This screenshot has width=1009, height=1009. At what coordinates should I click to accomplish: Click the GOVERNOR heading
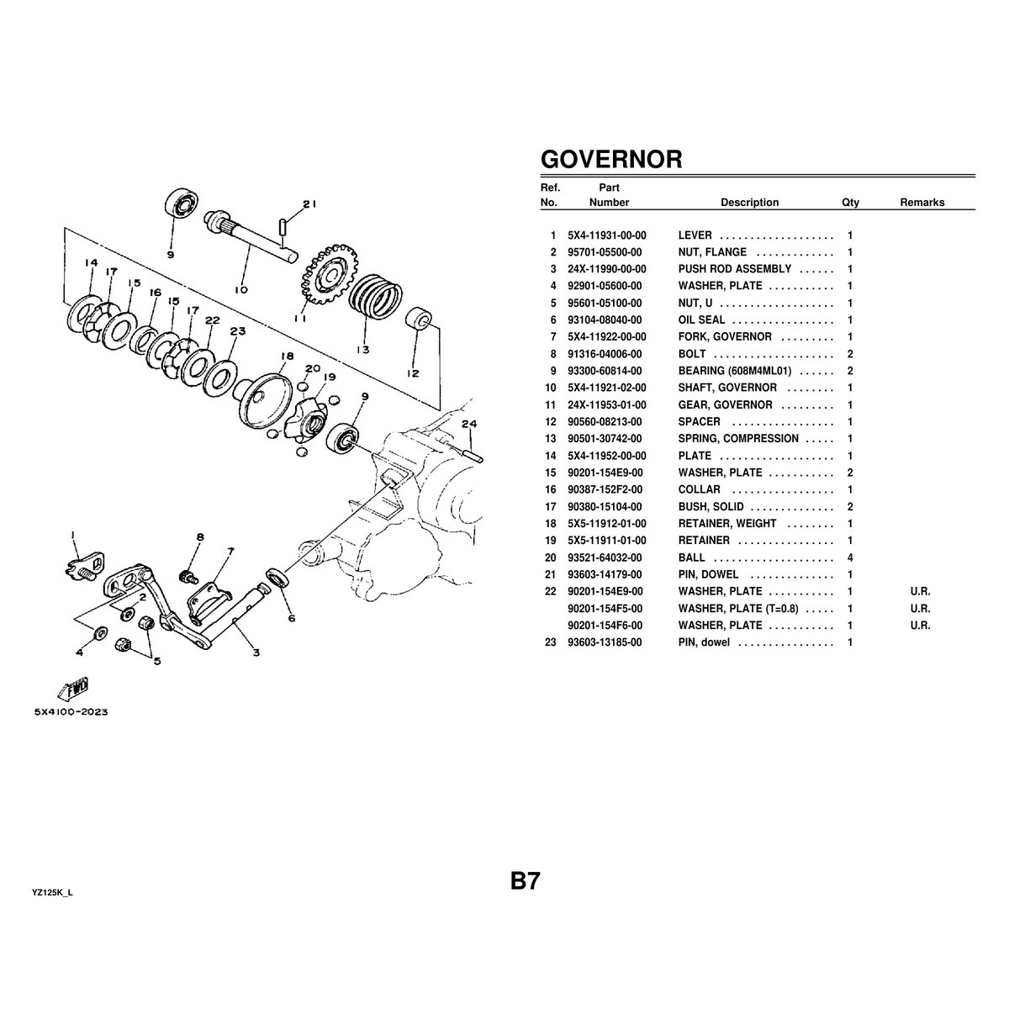click(610, 160)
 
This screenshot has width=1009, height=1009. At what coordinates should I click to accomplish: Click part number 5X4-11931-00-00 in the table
click(606, 235)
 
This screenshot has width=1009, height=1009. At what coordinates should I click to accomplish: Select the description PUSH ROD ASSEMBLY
click(734, 269)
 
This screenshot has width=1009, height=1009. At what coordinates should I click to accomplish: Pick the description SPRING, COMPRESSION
click(738, 438)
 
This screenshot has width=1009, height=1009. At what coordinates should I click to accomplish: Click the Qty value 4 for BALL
click(850, 557)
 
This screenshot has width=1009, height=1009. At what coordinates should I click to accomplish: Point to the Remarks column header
click(922, 203)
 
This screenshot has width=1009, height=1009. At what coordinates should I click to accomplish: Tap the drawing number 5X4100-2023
click(71, 711)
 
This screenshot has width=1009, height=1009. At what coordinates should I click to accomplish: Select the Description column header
click(749, 203)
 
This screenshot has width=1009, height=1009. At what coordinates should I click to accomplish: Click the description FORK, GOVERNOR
click(724, 336)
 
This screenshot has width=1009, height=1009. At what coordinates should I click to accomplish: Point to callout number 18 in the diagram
click(287, 357)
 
